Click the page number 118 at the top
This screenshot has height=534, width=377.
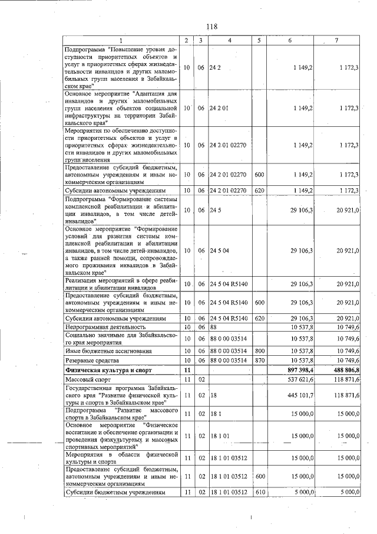coord(212,26)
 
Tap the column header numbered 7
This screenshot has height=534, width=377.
coord(336,40)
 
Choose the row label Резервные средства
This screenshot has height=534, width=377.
coord(92,360)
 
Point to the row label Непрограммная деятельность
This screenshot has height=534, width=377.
coord(105,326)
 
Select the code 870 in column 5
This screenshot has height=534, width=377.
coord(259,360)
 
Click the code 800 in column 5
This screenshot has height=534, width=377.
coord(259,350)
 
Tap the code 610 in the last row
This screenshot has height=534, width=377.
coord(259,491)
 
